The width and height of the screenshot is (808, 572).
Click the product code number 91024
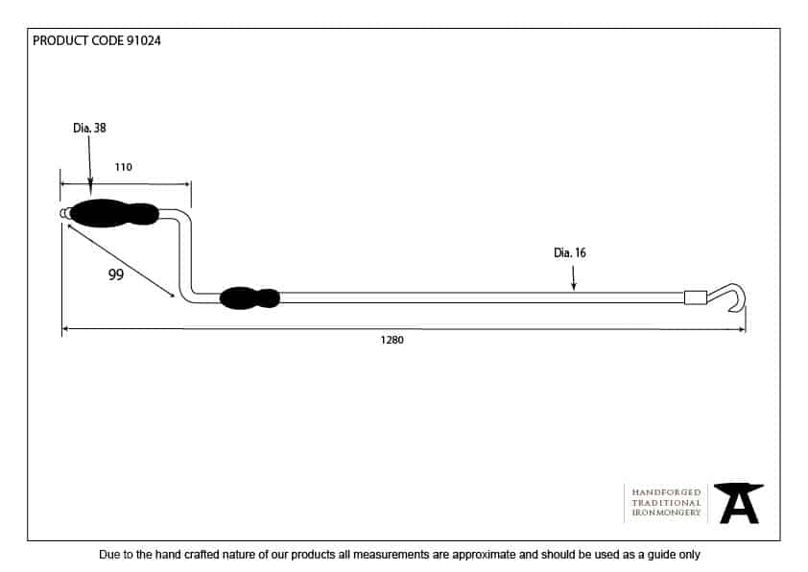tap(144, 41)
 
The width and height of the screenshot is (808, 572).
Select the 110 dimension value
tap(123, 167)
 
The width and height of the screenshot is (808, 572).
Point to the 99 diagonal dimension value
tap(116, 274)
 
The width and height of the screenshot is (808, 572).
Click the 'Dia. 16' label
tap(569, 253)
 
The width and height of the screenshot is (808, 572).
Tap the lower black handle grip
tap(250, 298)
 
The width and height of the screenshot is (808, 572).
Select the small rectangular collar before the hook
tap(695, 298)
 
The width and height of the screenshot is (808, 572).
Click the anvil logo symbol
tap(739, 503)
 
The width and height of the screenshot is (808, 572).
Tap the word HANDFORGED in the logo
tap(666, 491)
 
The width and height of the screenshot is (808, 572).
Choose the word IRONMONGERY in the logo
tap(666, 512)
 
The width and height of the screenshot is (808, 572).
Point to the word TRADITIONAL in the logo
tap(666, 502)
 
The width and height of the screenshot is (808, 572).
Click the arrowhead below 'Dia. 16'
tap(574, 286)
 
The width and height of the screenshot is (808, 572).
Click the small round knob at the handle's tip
tap(64, 213)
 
